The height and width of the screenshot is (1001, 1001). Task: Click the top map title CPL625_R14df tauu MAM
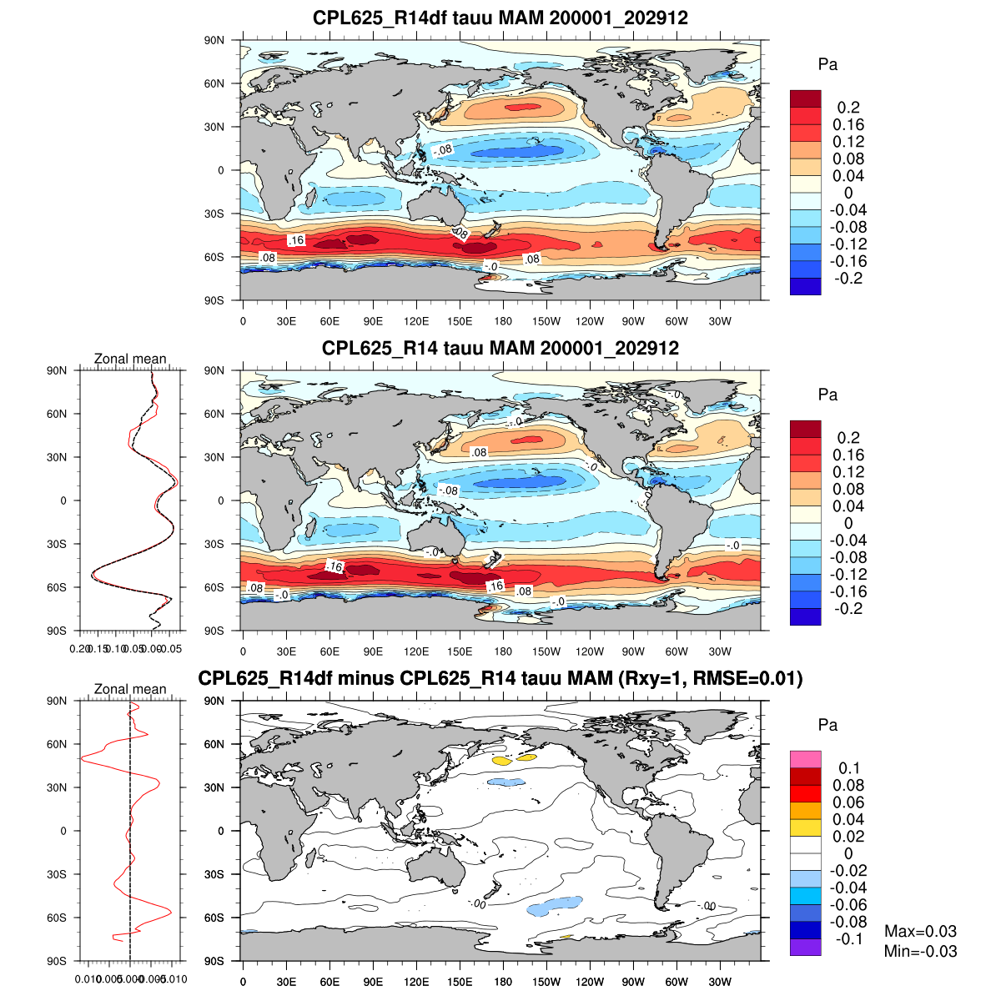click(500, 18)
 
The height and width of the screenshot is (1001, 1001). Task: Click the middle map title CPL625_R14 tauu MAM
click(500, 348)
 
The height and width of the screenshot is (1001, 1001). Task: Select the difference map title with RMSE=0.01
click(500, 678)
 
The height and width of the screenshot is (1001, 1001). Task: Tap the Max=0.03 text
click(920, 932)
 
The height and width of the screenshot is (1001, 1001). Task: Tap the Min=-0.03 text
click(920, 952)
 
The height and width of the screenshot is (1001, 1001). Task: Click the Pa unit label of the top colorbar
click(827, 65)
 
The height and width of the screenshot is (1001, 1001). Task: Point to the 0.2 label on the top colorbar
click(848, 108)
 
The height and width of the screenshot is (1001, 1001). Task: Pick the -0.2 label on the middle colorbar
click(848, 609)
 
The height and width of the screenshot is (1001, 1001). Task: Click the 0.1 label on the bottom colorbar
click(849, 768)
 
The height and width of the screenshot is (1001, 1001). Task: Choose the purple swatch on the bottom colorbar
click(806, 947)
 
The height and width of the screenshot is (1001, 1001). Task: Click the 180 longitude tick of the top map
click(503, 321)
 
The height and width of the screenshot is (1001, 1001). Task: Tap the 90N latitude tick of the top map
click(214, 40)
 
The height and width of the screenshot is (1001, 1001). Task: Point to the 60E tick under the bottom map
click(329, 982)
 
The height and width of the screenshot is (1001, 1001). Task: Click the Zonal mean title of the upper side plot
click(130, 359)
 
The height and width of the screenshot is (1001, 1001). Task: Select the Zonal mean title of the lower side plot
click(130, 689)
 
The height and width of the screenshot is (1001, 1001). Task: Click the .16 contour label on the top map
click(296, 240)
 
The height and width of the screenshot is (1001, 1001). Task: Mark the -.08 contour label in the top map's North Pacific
click(443, 150)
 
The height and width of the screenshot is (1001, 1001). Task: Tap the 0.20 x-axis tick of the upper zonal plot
click(80, 648)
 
